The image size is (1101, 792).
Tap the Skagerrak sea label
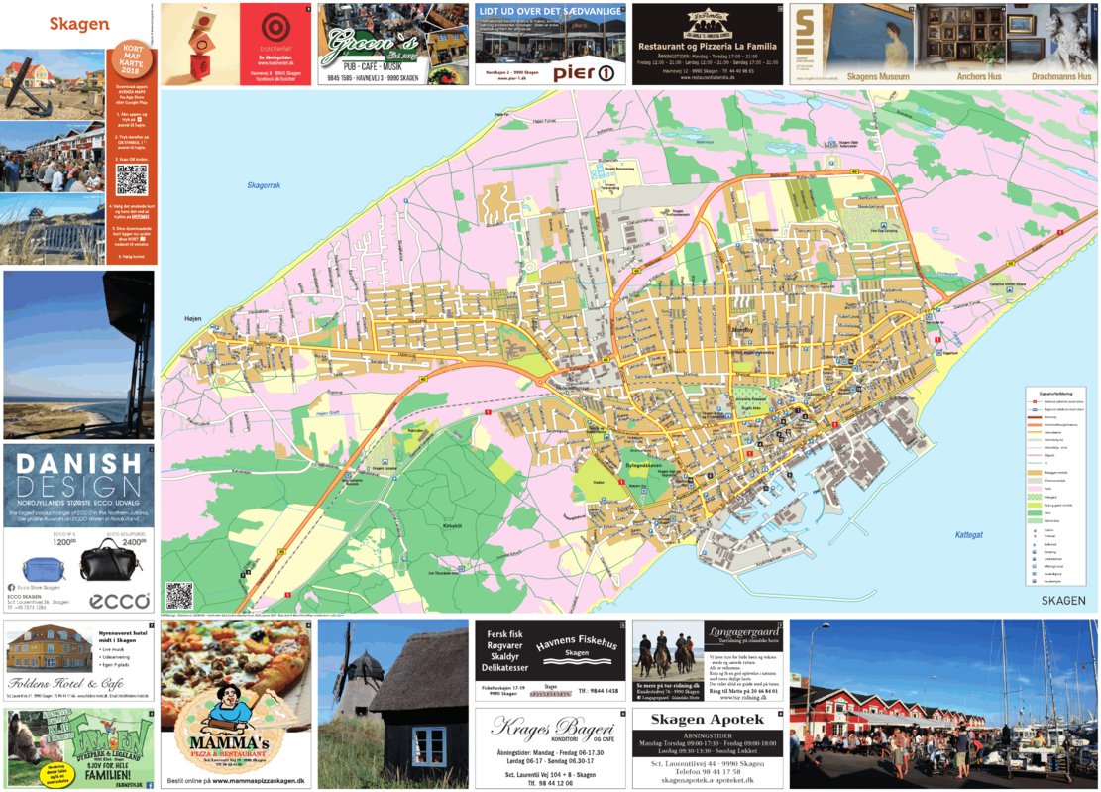click(264, 185)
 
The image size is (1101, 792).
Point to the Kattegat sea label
click(968, 535)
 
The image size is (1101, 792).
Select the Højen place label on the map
click(192, 318)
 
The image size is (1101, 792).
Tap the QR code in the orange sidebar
click(131, 179)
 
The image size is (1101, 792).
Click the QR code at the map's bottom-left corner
click(178, 595)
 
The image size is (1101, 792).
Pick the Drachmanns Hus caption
click(1060, 76)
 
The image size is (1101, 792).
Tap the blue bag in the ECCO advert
click(45, 569)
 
